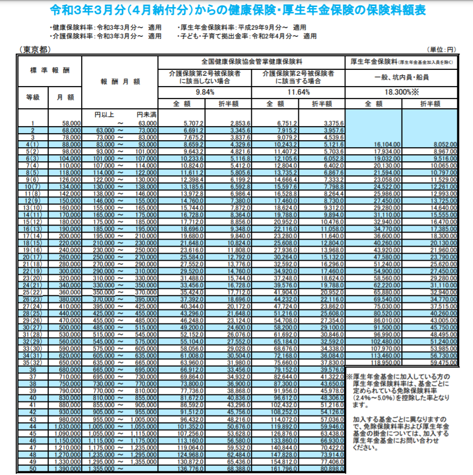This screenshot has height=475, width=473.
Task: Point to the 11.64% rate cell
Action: pyautogui.click(x=298, y=93)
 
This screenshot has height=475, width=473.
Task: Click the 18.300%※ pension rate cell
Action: pyautogui.click(x=401, y=93)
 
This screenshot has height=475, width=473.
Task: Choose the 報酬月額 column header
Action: pyautogui.click(x=120, y=82)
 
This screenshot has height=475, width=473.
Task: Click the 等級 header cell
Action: pyautogui.click(x=33, y=97)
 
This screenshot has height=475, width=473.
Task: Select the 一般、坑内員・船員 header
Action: pyautogui.click(x=401, y=77)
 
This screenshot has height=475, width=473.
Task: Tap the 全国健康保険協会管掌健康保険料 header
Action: pyautogui.click(x=251, y=61)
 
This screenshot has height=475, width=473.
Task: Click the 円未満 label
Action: pyautogui.click(x=146, y=115)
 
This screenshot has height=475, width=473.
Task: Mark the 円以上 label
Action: pyautogui.click(x=104, y=115)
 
